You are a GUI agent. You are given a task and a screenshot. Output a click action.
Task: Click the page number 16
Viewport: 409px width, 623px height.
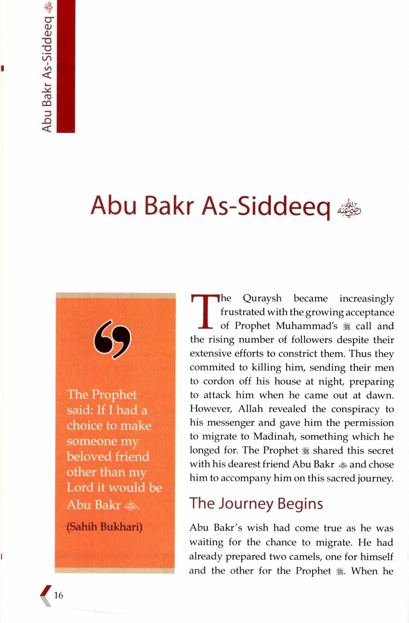59,595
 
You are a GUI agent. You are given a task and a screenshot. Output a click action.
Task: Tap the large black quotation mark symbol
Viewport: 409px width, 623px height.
113,339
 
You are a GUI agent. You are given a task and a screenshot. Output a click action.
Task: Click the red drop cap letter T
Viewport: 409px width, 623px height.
204,311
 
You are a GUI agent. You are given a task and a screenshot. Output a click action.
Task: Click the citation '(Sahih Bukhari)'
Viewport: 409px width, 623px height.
104,527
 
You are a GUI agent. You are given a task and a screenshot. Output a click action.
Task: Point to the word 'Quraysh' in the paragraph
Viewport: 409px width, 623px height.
262,298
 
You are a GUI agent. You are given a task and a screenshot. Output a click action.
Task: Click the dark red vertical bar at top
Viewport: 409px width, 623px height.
65,67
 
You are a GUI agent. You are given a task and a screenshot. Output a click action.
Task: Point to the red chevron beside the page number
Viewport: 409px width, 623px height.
46,595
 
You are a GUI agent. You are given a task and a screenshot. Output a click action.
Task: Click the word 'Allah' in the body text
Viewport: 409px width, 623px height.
251,409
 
